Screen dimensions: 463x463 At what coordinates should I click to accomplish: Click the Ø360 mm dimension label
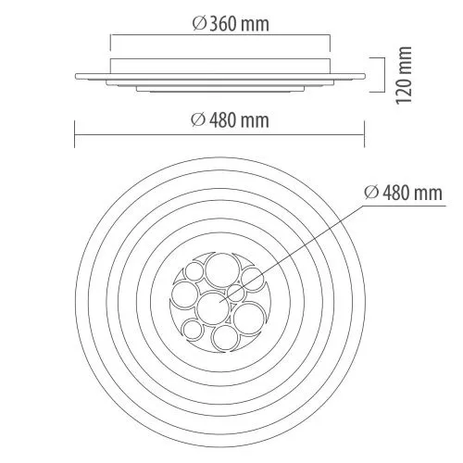pyautogui.click(x=231, y=24)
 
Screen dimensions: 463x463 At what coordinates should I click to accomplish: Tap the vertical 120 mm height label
pyautogui.click(x=404, y=75)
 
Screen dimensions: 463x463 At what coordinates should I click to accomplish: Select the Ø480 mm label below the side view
pyautogui.click(x=230, y=120)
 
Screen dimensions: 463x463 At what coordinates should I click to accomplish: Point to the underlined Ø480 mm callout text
pyautogui.click(x=403, y=193)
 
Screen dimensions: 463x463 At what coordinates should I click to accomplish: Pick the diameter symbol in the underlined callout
pyautogui.click(x=371, y=193)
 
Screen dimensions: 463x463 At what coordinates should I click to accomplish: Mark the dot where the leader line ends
pyautogui.click(x=219, y=301)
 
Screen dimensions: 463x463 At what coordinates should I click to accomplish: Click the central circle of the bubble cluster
pyautogui.click(x=213, y=308)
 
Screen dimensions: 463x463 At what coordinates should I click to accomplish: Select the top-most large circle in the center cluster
pyautogui.click(x=222, y=270)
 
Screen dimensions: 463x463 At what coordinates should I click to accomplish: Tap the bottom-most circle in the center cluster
pyautogui.click(x=226, y=338)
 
